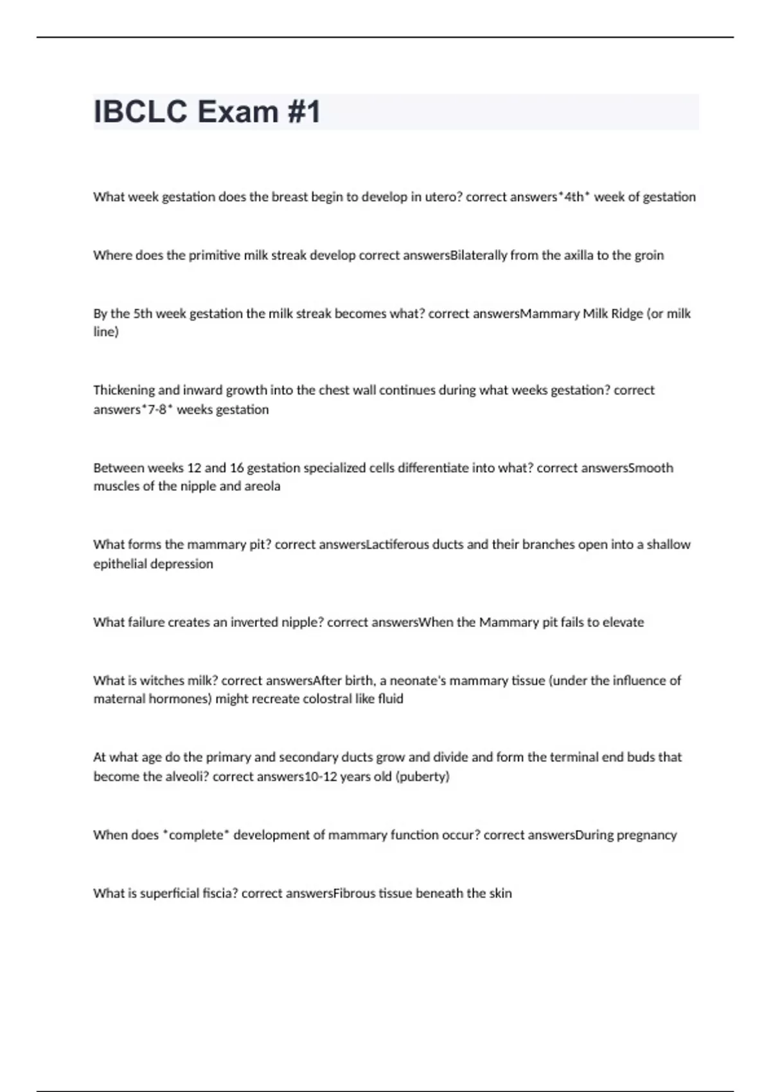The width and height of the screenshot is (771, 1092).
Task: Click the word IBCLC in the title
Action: point(143,112)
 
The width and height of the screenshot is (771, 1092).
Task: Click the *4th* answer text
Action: point(574,197)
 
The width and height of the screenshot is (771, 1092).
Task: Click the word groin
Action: point(649,256)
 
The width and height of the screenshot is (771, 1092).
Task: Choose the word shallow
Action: point(668,545)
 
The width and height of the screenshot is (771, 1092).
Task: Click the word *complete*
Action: point(196,835)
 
